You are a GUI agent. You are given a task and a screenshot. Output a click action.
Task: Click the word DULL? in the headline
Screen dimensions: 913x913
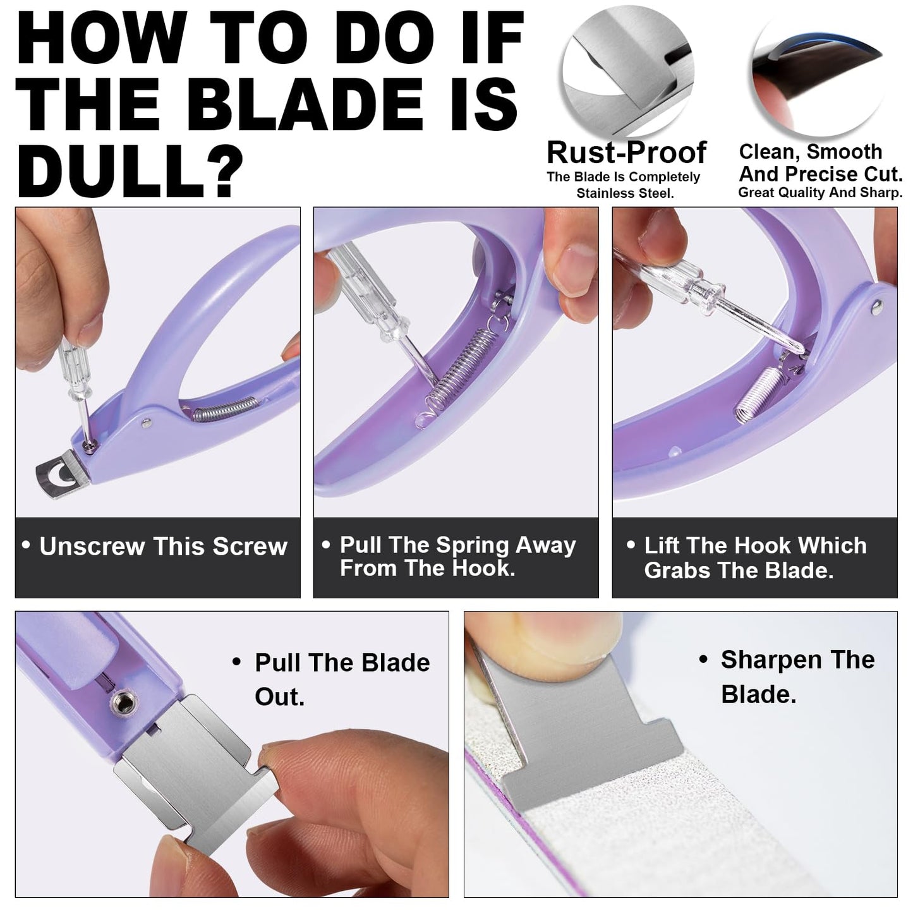[130, 169]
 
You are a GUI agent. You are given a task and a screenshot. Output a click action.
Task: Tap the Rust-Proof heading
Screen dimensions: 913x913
[626, 152]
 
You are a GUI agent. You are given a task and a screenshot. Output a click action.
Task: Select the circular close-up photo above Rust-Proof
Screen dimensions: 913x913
[627, 76]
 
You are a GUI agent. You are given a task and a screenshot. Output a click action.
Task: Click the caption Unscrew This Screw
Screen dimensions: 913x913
[163, 547]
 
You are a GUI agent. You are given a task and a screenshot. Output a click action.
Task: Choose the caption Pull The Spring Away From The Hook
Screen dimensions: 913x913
[457, 557]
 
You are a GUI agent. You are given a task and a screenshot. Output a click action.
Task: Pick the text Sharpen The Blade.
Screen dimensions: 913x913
[797, 677]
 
